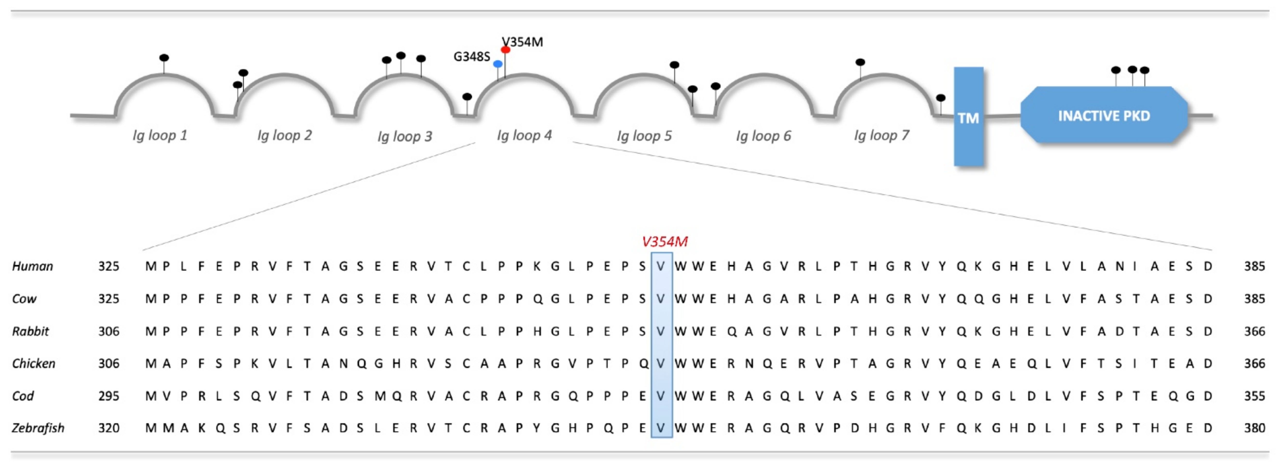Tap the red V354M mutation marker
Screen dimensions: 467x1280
505,50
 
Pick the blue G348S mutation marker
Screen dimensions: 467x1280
497,64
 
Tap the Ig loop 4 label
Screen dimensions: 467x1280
524,135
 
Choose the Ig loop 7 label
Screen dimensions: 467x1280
881,135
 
